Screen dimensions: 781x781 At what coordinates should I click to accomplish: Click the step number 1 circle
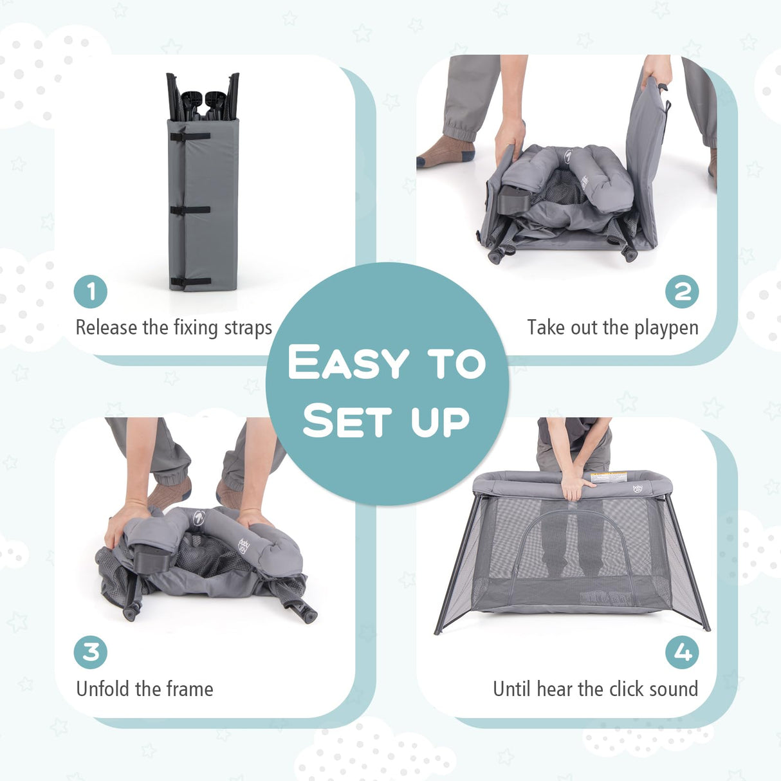pos(91,291)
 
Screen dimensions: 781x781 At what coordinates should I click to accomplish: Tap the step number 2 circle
pos(682,291)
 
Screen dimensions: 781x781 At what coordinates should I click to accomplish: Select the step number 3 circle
pos(91,652)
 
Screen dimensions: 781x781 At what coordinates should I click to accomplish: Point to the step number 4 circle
pos(682,652)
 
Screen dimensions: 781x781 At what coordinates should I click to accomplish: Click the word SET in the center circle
pos(347,421)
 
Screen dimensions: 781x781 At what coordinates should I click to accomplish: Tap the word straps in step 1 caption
pos(248,328)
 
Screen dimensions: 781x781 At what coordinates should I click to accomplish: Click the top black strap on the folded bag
pos(190,136)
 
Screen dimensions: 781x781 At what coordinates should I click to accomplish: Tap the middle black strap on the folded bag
pos(190,210)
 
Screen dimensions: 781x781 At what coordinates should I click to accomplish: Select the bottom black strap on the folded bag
pos(190,282)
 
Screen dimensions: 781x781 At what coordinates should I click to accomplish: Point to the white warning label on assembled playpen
pos(609,477)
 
